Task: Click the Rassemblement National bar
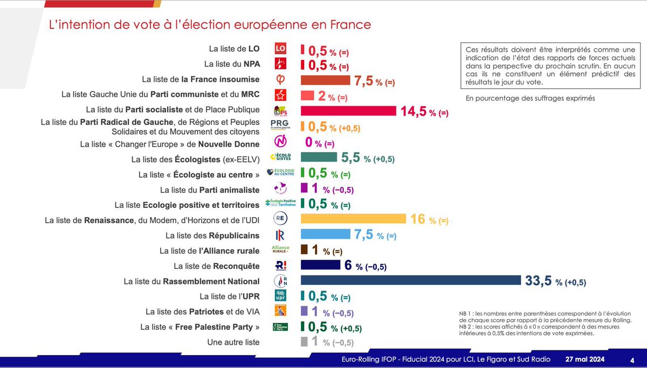[410, 280]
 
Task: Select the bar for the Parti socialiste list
[349, 110]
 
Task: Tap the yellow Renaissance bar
[353, 219]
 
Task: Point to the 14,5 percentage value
[412, 111]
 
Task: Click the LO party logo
[280, 48]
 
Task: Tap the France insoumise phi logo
[280, 80]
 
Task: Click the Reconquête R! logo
[280, 266]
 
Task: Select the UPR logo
[280, 296]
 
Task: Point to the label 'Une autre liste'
[233, 342]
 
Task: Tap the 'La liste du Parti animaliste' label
[210, 190]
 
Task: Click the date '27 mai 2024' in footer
[585, 359]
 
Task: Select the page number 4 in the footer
[632, 359]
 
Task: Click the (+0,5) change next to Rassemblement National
[575, 282]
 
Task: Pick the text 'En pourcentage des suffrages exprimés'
[534, 98]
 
